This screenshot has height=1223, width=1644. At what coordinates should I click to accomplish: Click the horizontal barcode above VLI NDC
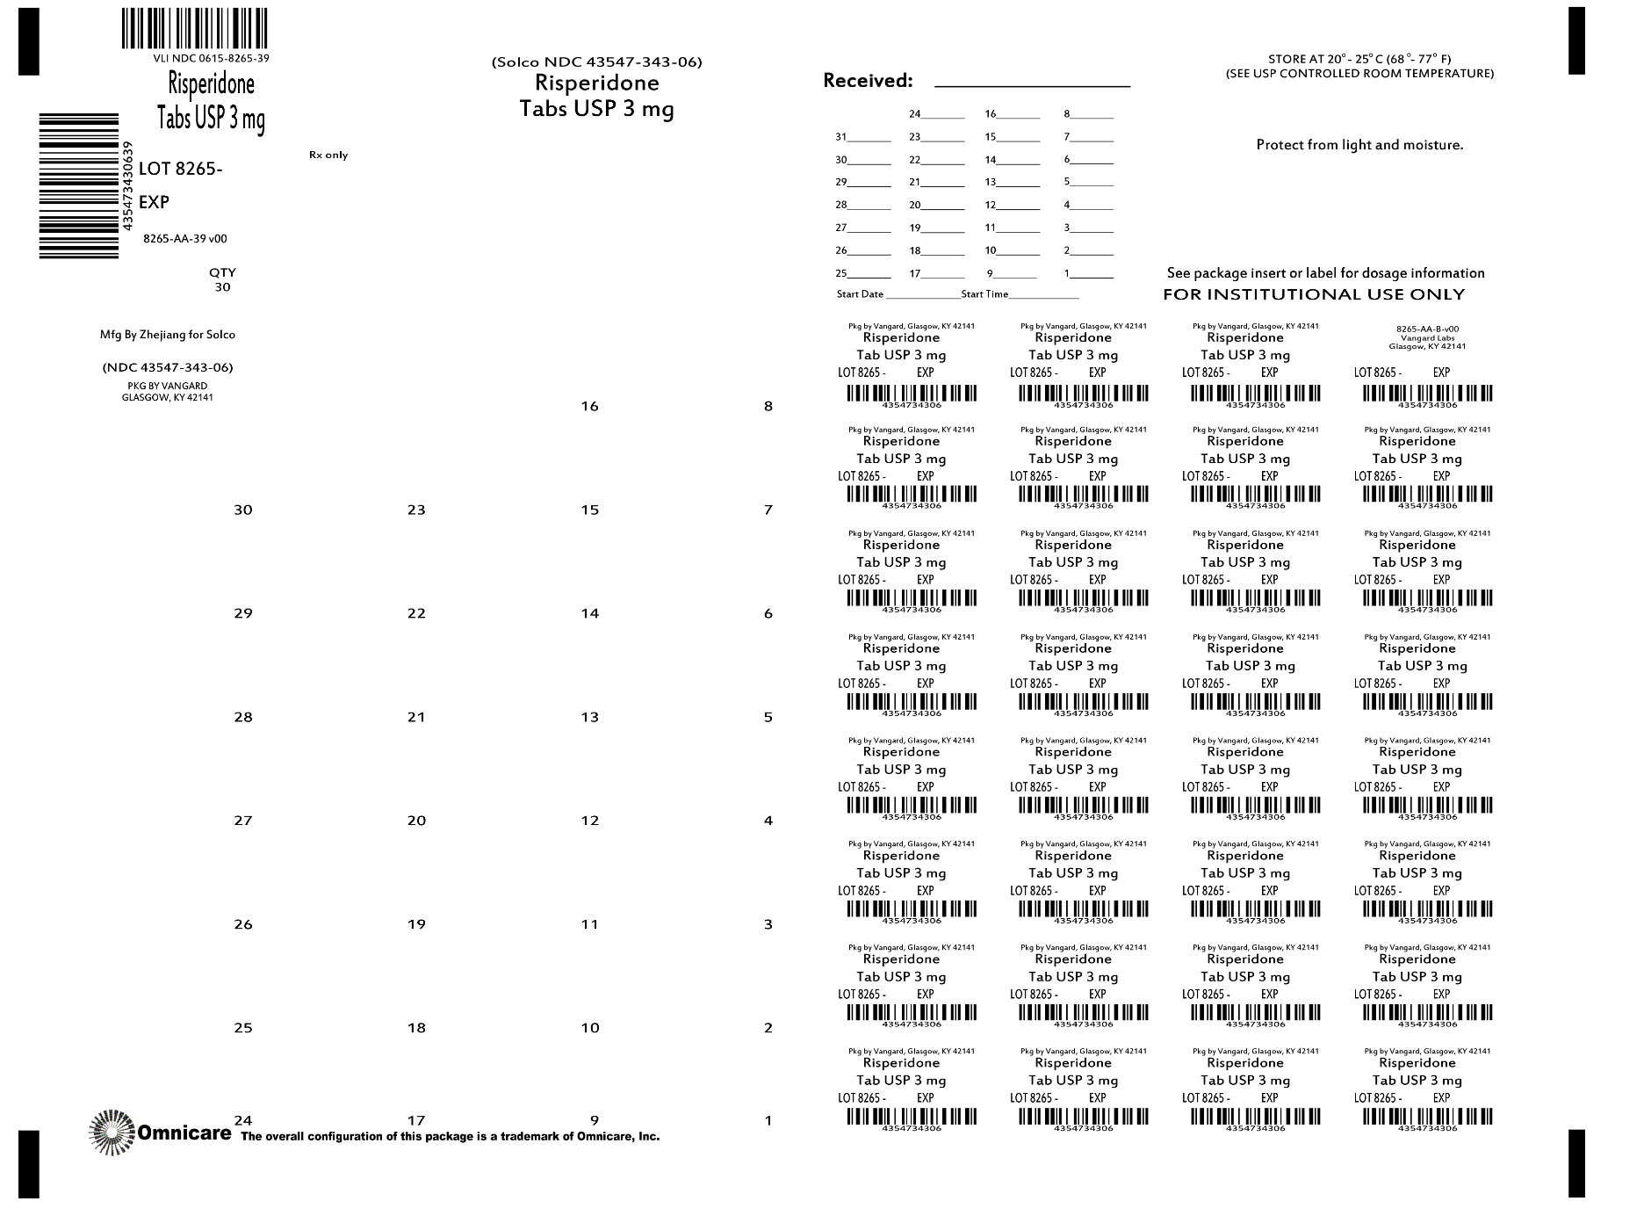(x=194, y=27)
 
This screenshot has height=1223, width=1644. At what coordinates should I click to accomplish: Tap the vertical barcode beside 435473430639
(x=79, y=185)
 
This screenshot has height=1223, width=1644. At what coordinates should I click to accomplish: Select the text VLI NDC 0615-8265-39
(x=211, y=58)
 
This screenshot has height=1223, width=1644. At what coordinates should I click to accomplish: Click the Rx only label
(x=328, y=156)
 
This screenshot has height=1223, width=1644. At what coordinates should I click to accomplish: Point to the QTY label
(x=222, y=272)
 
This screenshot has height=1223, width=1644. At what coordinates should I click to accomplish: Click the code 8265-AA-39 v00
(x=185, y=239)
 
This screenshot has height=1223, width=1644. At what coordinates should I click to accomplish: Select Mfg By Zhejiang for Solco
(x=168, y=335)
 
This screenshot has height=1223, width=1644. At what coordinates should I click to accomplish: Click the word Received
(x=866, y=81)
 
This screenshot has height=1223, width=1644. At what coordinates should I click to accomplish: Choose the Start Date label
(x=860, y=294)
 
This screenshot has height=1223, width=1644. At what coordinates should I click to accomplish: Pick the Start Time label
(x=984, y=294)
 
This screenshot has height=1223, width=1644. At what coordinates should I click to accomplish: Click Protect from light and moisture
(x=1359, y=145)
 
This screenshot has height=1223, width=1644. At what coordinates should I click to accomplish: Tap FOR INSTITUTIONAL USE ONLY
(x=1314, y=294)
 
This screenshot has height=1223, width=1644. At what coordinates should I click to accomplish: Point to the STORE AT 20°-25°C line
(x=1359, y=60)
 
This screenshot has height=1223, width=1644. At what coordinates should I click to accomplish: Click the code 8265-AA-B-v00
(x=1427, y=329)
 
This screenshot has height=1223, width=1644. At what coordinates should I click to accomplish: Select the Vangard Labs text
(x=1427, y=338)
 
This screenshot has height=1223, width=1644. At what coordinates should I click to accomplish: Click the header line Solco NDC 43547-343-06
(x=597, y=62)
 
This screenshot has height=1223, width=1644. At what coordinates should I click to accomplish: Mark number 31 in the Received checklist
(x=841, y=137)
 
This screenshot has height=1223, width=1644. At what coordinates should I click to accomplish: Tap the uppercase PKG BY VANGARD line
(x=168, y=386)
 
